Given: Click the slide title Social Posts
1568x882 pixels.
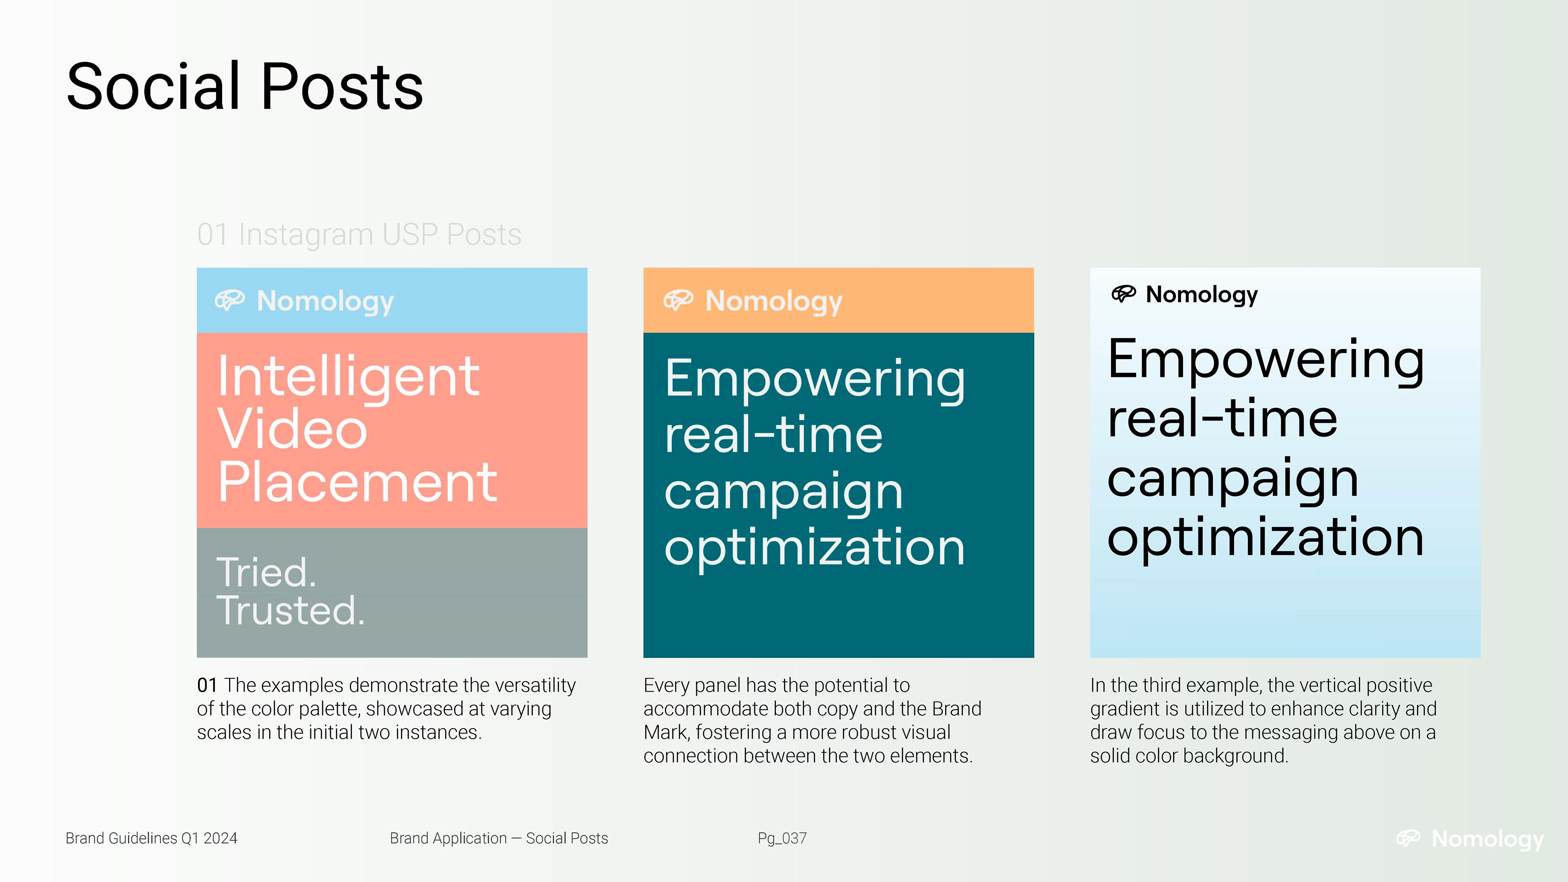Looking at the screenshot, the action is [x=245, y=87].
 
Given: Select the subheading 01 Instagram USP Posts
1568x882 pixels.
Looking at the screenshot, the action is [x=359, y=234].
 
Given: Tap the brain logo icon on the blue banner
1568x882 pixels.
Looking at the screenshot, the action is [x=229, y=300].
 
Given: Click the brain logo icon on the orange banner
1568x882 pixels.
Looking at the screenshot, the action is [x=678, y=300].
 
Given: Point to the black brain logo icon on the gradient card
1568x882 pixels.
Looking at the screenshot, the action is [x=1124, y=294].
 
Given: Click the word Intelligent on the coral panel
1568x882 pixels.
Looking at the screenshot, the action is [x=348, y=377].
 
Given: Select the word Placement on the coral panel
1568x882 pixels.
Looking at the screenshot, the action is [x=357, y=482].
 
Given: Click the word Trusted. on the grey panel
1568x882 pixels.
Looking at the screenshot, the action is [x=290, y=610].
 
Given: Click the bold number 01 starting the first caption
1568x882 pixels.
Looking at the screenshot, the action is [x=207, y=686].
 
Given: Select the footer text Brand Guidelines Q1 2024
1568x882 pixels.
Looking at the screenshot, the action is [x=151, y=838].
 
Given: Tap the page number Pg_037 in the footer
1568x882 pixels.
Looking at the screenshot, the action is [x=782, y=839].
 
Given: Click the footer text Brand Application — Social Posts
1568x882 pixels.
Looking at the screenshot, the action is [x=499, y=838].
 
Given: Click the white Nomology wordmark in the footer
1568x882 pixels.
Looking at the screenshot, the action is [x=1488, y=839].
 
